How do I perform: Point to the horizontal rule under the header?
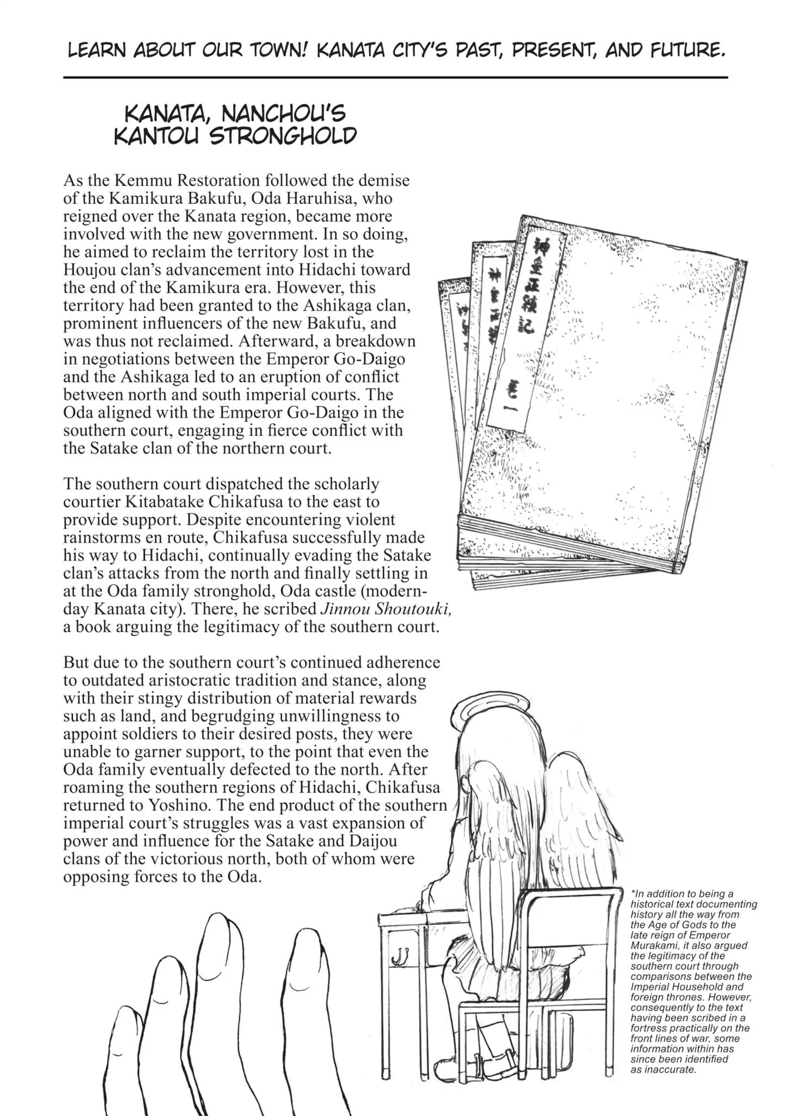click(x=395, y=78)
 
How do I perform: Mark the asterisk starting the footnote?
click(x=633, y=894)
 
